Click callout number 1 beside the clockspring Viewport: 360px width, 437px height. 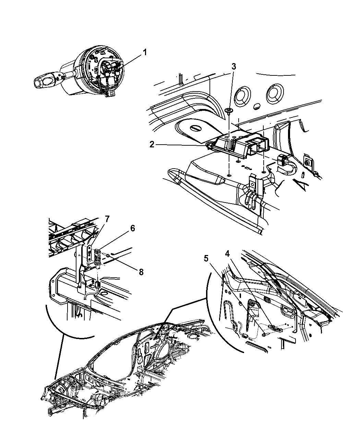(145, 53)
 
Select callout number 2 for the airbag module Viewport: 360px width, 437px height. (152, 145)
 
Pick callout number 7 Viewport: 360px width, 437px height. (107, 219)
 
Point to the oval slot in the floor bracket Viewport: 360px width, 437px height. (196, 128)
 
